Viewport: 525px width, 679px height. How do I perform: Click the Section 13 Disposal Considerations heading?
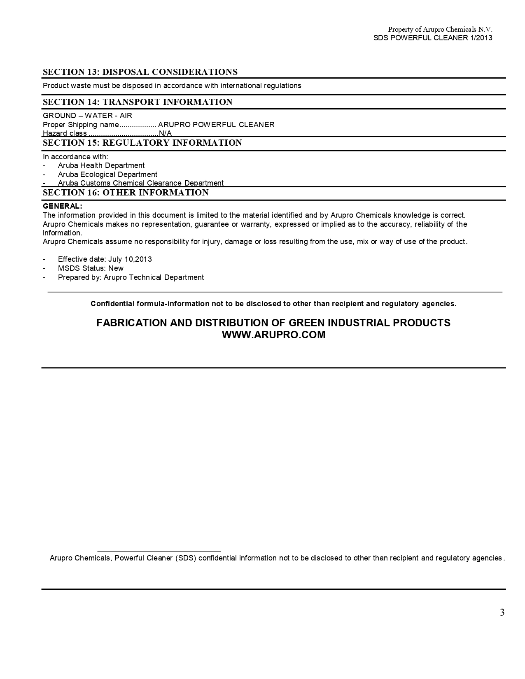coord(140,72)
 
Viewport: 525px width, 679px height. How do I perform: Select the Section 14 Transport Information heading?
coord(138,102)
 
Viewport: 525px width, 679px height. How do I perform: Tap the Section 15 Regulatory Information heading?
coord(142,143)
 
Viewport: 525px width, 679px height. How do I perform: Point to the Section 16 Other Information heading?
coord(126,193)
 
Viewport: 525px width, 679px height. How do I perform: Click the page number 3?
coord(502,612)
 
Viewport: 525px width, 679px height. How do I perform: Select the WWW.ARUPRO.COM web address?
coord(273,335)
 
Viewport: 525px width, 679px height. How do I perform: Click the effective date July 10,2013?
coord(130,259)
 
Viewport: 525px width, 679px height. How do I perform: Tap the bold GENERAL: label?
coord(63,206)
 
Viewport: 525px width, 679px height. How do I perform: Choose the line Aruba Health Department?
coord(101,165)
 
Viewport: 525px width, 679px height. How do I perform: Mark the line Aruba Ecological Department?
coord(107,174)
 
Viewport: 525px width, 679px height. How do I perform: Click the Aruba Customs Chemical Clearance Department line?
coord(140,183)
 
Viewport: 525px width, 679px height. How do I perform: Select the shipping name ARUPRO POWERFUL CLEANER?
coord(216,125)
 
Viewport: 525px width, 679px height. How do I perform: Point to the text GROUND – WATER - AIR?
coord(87,116)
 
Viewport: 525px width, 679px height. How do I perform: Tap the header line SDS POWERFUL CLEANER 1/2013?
coord(433,38)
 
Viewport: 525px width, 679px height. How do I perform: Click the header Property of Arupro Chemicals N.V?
coord(440,29)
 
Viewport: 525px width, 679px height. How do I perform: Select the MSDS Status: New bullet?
coord(91,268)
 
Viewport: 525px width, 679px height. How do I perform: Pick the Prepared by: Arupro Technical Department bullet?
coord(131,277)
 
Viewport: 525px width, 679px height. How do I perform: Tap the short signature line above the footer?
coord(159,551)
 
